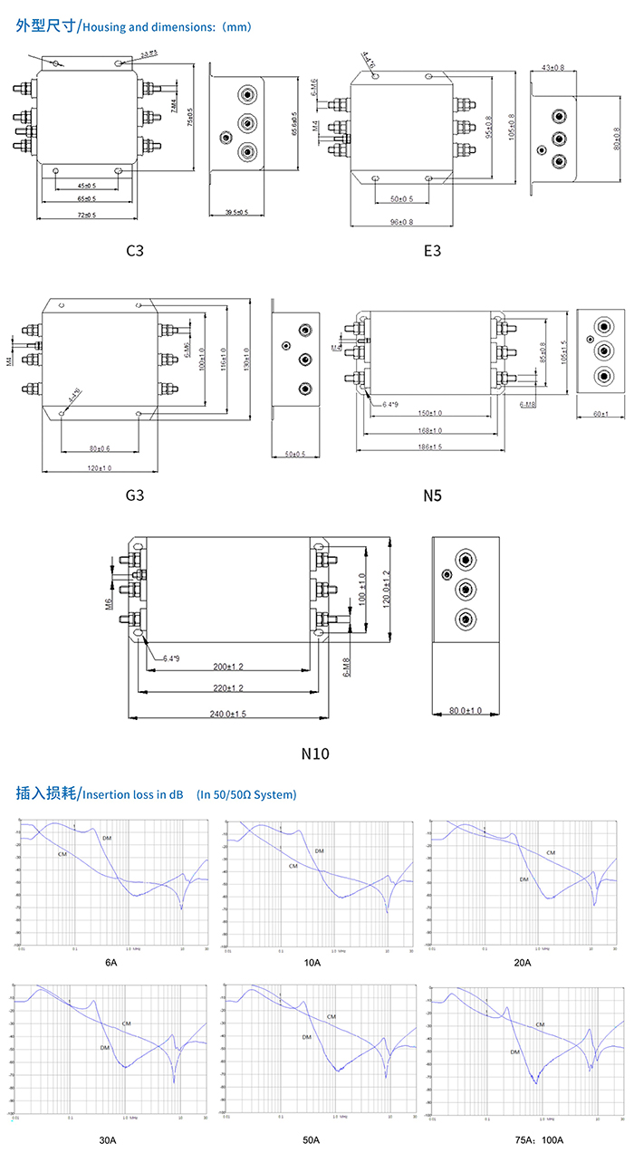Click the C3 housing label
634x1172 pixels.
(x=135, y=250)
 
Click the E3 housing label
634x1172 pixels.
(x=432, y=250)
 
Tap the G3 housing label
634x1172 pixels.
(x=135, y=495)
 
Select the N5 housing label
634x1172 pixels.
(x=432, y=495)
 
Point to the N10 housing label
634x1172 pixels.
(x=315, y=754)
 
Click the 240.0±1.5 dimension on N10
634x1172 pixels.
(x=227, y=714)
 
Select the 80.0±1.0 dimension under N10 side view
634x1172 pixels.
(x=466, y=711)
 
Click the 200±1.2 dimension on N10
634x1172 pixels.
(x=227, y=666)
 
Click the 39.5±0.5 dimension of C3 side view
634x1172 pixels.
(x=237, y=213)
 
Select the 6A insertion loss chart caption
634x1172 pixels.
(x=111, y=962)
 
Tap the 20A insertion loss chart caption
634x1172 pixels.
(x=522, y=962)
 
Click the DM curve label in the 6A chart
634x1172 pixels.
(x=107, y=839)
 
